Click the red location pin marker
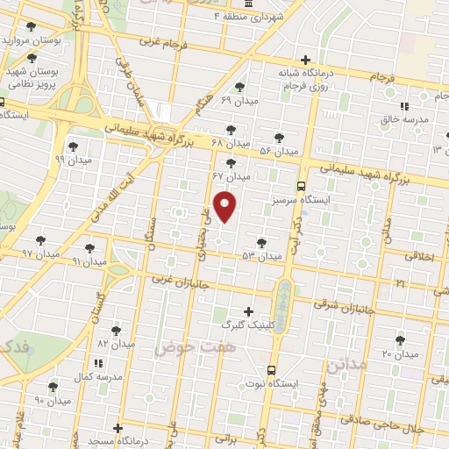click(x=226, y=206)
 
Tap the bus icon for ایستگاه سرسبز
click(x=301, y=186)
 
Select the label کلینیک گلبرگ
click(x=250, y=324)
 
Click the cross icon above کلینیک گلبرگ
click(x=249, y=310)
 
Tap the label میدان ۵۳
click(x=262, y=256)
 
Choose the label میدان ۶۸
click(x=232, y=142)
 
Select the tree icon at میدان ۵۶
click(x=279, y=138)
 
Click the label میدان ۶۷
click(x=232, y=176)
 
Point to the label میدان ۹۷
click(x=39, y=253)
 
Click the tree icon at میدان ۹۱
click(x=89, y=248)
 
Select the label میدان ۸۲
click(x=117, y=343)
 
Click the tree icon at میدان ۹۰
click(x=53, y=386)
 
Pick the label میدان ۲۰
click(x=400, y=353)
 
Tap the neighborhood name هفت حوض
click(x=186, y=348)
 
